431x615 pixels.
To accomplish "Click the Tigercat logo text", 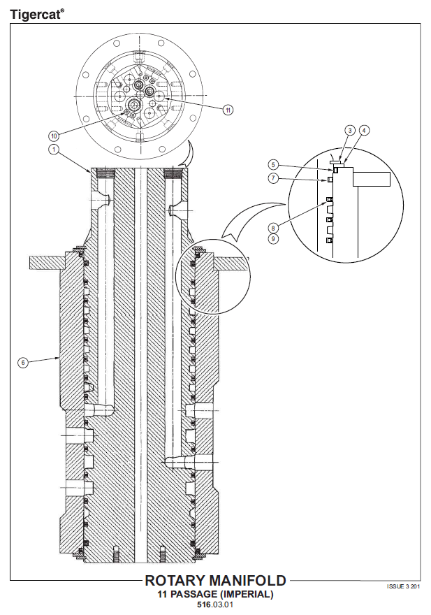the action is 36,15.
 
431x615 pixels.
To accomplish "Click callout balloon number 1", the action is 53,149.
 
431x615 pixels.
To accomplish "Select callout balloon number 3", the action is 350,130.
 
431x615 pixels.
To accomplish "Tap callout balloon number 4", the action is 365,130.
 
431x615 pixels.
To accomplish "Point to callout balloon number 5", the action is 273,164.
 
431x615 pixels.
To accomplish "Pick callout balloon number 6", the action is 23,363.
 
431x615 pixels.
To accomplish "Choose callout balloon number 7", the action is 273,178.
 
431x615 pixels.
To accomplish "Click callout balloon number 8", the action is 273,228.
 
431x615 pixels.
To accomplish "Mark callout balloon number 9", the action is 273,238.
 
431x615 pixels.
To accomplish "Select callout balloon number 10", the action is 54,136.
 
